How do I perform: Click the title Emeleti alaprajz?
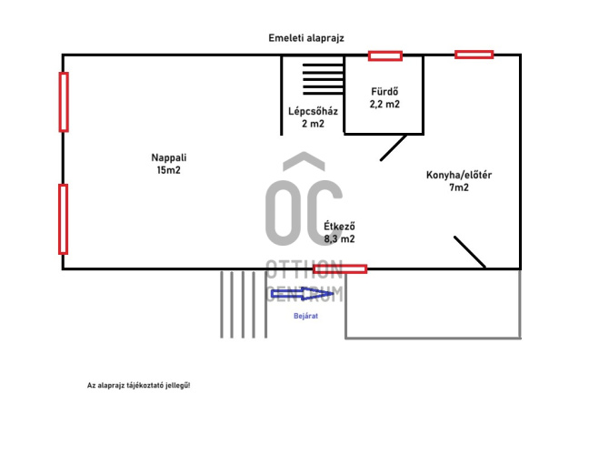(x=306, y=38)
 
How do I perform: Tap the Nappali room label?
(x=168, y=157)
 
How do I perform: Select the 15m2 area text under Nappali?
(x=168, y=170)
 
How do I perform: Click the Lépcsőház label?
(x=313, y=111)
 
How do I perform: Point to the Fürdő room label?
(x=384, y=91)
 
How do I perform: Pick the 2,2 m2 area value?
(x=384, y=105)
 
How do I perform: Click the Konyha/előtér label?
(x=459, y=175)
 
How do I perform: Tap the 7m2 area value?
(x=459, y=187)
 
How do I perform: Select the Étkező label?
(x=339, y=226)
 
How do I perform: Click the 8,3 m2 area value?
(x=339, y=238)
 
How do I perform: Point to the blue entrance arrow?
(x=302, y=294)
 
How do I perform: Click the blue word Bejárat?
(x=305, y=316)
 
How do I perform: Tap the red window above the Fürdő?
(x=384, y=56)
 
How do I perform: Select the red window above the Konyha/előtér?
(x=474, y=55)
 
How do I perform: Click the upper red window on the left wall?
(x=64, y=102)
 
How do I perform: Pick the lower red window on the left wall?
(x=64, y=219)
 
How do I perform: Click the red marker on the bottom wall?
(x=340, y=268)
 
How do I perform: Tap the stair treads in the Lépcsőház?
(x=324, y=79)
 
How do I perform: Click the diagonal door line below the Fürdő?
(x=394, y=147)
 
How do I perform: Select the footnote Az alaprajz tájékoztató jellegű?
(x=139, y=386)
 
